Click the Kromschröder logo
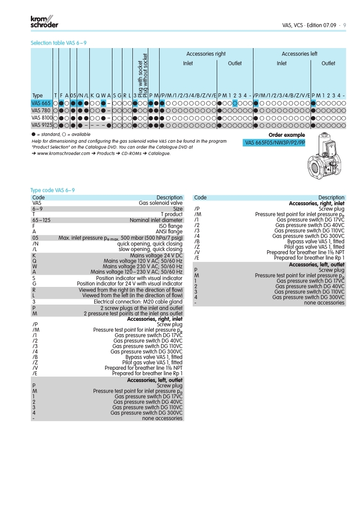(x=44, y=21)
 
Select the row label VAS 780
(x=41, y=110)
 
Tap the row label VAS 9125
(x=41, y=125)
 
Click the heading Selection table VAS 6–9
(x=58, y=43)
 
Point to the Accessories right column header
(x=206, y=54)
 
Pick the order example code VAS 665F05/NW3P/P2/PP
(x=275, y=143)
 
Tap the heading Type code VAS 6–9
(x=52, y=190)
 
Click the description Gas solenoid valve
(x=161, y=203)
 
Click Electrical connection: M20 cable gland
(x=138, y=302)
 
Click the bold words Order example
(x=287, y=135)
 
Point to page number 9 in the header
(x=345, y=25)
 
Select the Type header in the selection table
(x=38, y=96)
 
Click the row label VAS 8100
(x=41, y=117)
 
